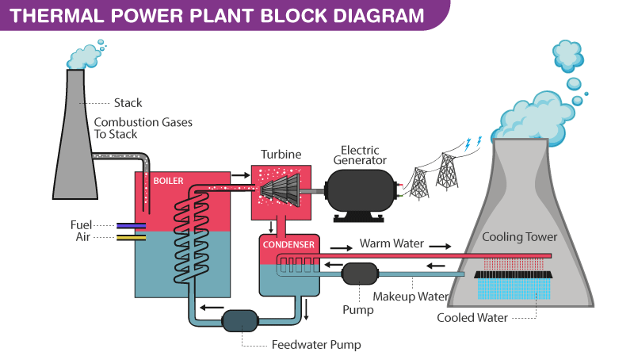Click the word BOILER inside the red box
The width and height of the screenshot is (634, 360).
(168, 181)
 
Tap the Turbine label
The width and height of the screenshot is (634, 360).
(281, 154)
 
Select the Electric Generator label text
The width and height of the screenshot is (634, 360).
(360, 155)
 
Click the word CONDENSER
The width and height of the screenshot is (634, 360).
(289, 244)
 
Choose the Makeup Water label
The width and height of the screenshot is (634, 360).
(411, 297)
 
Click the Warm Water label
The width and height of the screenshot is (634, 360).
(391, 243)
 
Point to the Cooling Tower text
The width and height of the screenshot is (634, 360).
(520, 237)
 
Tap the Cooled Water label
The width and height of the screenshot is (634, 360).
(474, 318)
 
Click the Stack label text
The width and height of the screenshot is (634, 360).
(128, 103)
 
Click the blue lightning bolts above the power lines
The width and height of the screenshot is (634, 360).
(472, 143)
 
